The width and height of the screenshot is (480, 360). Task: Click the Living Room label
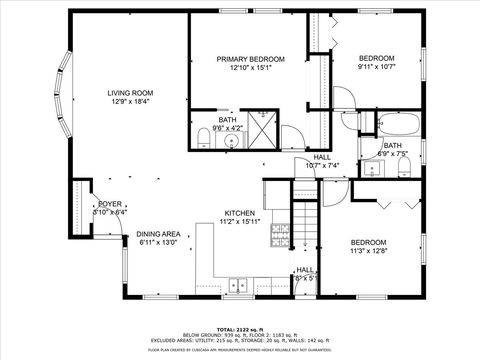(130, 93)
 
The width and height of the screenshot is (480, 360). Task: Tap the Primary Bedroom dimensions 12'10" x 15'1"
(245, 69)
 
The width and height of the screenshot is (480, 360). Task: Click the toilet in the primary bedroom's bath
(203, 136)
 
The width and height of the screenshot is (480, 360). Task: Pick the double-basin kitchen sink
(238, 285)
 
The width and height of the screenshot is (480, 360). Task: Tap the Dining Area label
(158, 232)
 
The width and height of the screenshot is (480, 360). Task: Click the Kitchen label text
(239, 213)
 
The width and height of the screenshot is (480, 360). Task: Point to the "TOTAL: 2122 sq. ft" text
(239, 328)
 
